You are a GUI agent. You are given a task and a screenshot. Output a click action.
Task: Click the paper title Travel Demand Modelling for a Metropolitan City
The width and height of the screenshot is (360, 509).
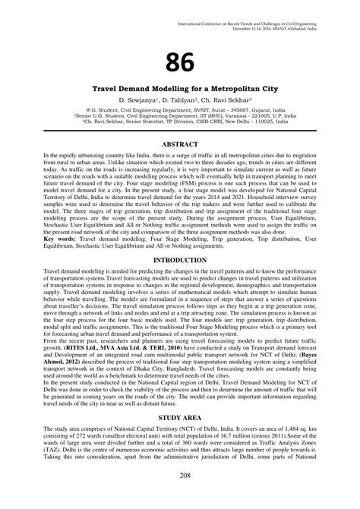180,90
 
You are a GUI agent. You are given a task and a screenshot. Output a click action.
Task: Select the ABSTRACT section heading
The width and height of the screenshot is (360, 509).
180,142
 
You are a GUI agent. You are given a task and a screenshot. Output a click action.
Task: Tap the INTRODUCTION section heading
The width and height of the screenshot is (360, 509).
180,260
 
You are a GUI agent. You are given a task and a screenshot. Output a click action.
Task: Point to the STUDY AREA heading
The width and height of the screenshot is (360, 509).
180,418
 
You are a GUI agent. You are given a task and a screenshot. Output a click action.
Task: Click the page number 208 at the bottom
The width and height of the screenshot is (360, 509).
180,496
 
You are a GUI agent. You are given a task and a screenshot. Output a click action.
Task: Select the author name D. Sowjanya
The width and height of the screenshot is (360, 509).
135,100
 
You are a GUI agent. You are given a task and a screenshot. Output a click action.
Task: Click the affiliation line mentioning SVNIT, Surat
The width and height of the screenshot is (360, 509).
180,109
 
